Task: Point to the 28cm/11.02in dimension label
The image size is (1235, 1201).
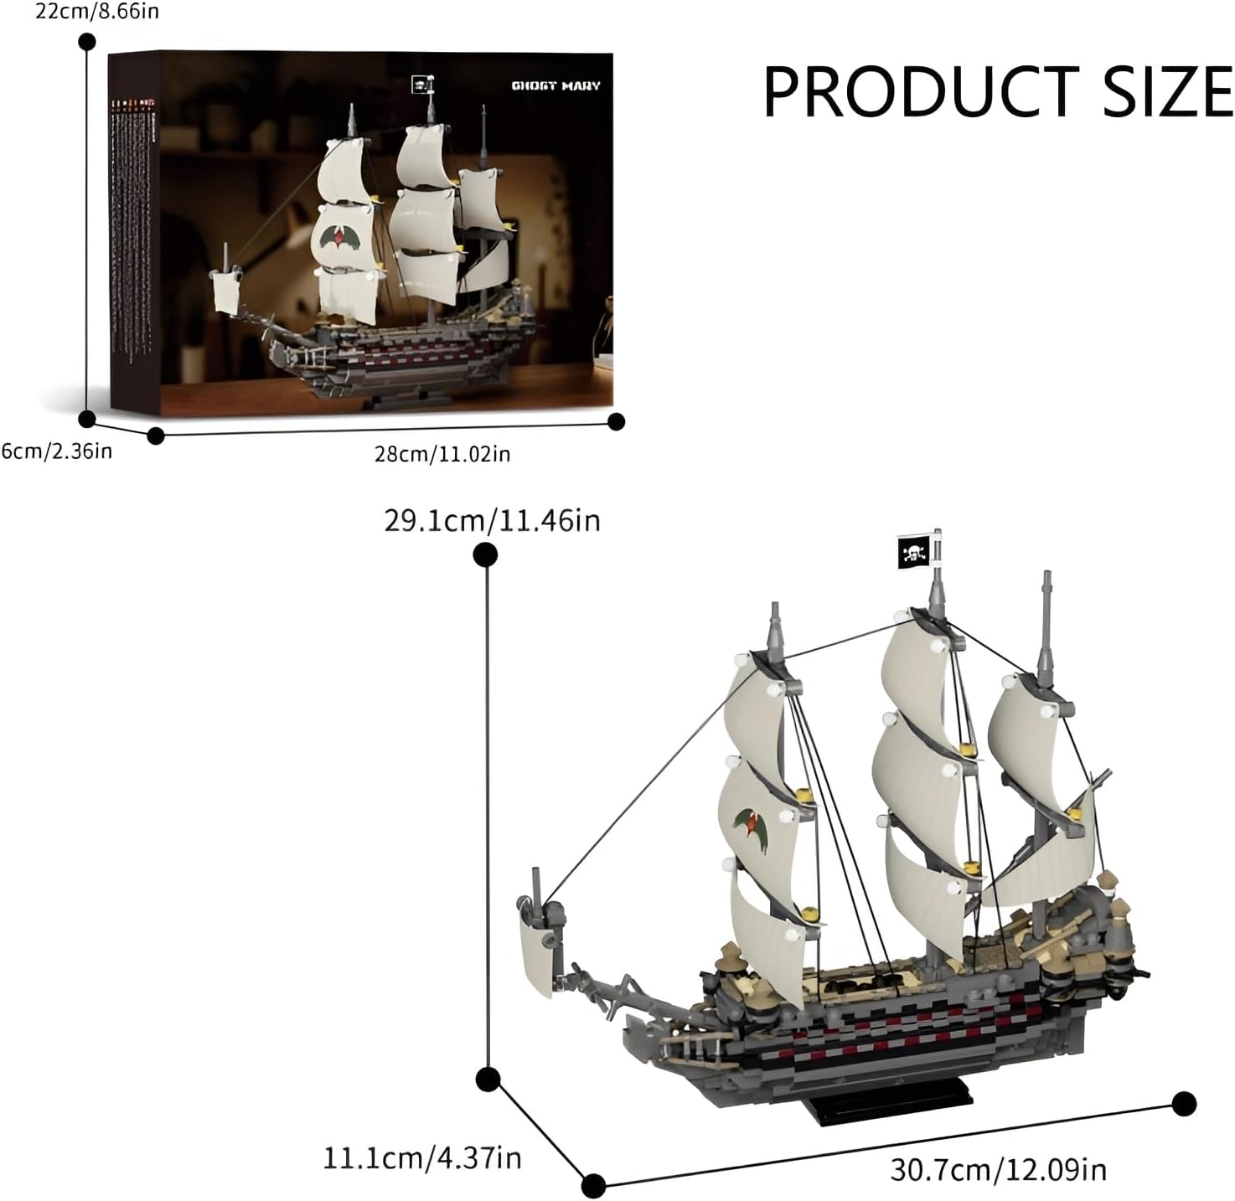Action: coord(442,454)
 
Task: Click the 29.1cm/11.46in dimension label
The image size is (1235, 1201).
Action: coord(492,520)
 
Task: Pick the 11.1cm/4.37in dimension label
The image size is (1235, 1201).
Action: coord(422,1158)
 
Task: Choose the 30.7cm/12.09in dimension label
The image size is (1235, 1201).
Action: coord(998,1168)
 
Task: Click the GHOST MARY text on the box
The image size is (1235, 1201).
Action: coord(556,85)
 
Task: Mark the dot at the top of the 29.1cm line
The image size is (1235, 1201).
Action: coord(486,554)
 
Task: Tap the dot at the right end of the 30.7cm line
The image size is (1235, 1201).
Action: coord(1184,1103)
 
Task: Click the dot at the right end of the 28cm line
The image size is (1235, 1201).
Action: coord(617,421)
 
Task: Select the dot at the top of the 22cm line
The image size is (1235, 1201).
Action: coord(86,42)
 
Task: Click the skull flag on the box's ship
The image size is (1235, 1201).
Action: coord(419,84)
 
